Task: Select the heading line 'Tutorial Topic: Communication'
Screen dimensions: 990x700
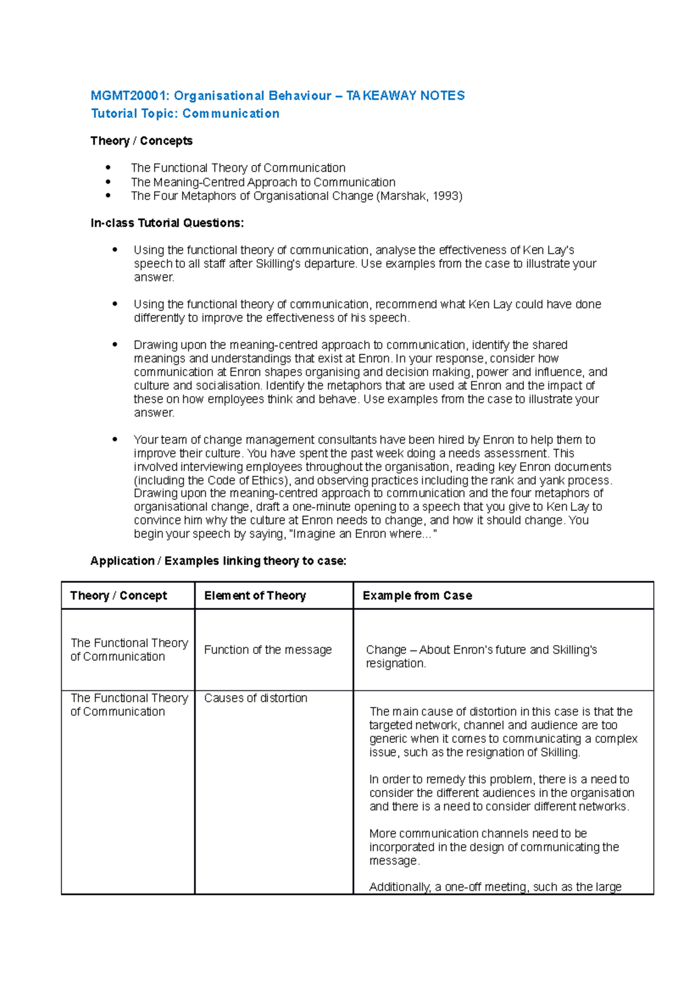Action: pyautogui.click(x=185, y=114)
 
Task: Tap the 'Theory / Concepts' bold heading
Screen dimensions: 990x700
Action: pyautogui.click(x=141, y=141)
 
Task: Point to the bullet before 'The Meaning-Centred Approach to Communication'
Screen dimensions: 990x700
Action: pyautogui.click(x=108, y=182)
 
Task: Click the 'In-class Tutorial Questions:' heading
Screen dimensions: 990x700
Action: pyautogui.click(x=167, y=223)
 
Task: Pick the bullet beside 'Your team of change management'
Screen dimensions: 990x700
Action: pyautogui.click(x=115, y=440)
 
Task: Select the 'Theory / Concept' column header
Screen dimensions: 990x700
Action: pyautogui.click(x=118, y=595)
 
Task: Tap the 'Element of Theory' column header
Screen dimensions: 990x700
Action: pyautogui.click(x=255, y=595)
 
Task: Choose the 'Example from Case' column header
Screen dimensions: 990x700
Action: pyautogui.click(x=417, y=595)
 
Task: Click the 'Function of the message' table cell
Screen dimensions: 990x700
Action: pyautogui.click(x=268, y=650)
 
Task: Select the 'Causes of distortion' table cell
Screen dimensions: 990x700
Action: pyautogui.click(x=256, y=698)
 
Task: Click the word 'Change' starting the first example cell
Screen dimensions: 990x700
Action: pyautogui.click(x=386, y=650)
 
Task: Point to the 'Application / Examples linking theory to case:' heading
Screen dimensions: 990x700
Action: pyautogui.click(x=218, y=561)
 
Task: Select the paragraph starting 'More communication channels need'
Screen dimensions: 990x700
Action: pyautogui.click(x=494, y=847)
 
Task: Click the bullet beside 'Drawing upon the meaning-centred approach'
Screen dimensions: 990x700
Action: pyautogui.click(x=115, y=345)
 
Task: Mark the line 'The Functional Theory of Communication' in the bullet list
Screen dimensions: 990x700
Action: pyautogui.click(x=238, y=168)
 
